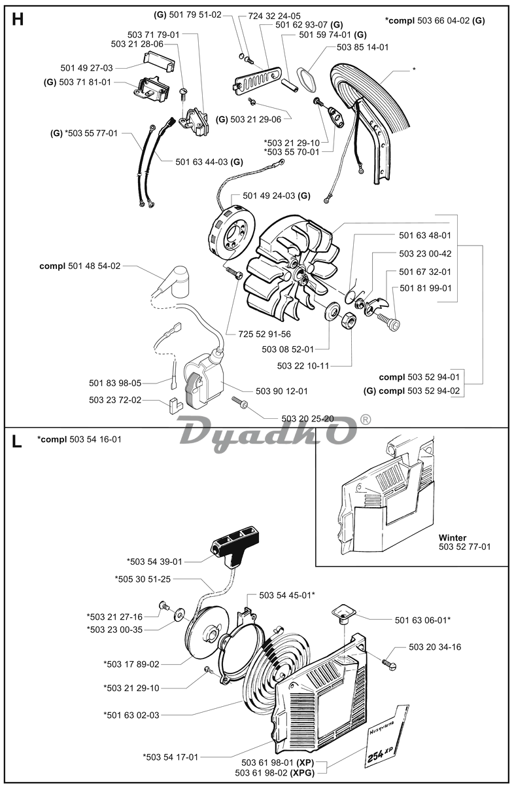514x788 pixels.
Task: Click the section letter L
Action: tap(17, 440)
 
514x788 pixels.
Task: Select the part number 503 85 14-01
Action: tap(362, 47)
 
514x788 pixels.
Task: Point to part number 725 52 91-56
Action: tap(264, 334)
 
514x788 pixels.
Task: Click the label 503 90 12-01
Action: tap(282, 391)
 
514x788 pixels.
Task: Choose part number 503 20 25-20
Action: tap(307, 418)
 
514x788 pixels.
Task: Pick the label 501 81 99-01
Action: tap(425, 288)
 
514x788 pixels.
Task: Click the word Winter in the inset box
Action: tap(453, 537)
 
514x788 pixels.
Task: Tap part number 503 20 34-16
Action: tap(435, 647)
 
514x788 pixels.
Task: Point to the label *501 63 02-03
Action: tap(131, 715)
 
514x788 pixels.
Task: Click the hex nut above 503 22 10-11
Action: tap(349, 321)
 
